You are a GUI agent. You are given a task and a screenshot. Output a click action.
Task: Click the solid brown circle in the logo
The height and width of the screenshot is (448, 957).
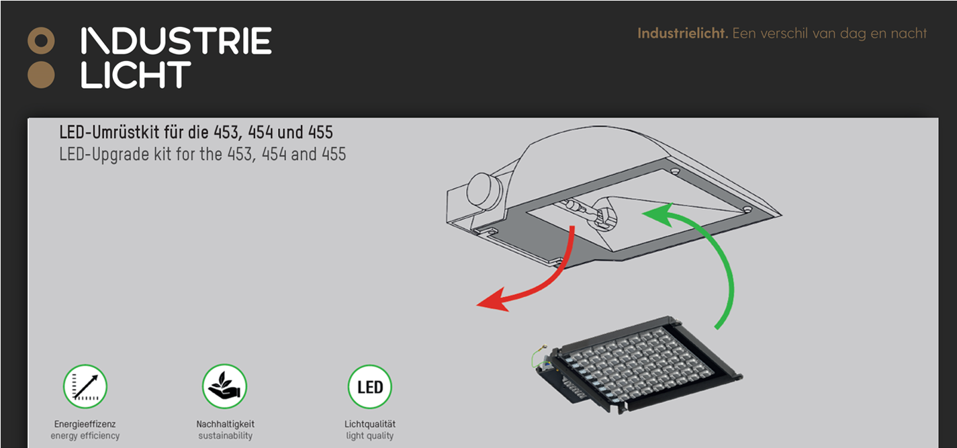pos(41,75)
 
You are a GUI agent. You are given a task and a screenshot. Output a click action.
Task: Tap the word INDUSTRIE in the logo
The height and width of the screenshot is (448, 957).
pos(176,41)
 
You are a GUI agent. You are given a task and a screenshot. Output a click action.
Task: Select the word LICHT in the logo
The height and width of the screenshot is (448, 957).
pos(136,75)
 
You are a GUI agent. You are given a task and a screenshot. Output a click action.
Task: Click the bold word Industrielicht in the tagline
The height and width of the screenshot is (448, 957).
pos(683,34)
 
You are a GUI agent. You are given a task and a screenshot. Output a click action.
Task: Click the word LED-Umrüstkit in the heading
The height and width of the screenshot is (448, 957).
pos(109,132)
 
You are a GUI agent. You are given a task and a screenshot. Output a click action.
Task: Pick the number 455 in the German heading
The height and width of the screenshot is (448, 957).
pos(320,132)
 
